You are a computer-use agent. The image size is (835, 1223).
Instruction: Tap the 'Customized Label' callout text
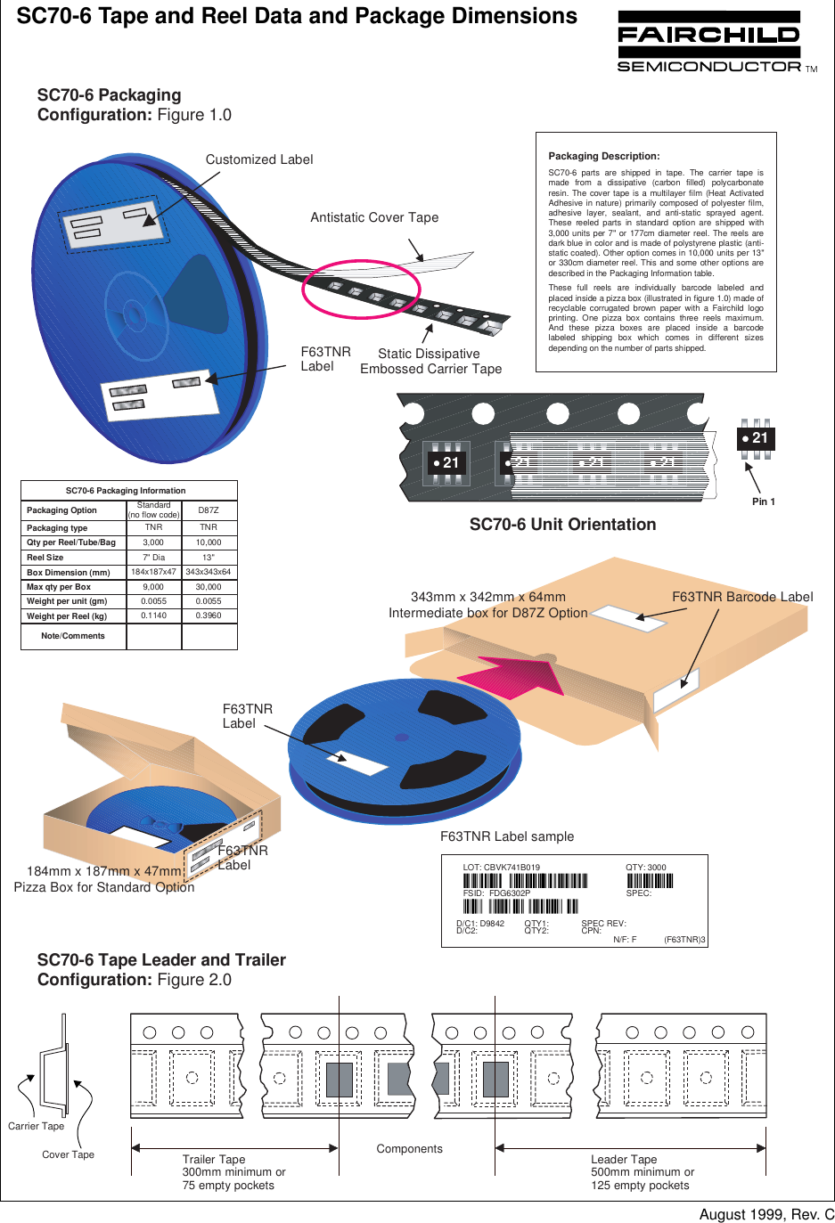[259, 159]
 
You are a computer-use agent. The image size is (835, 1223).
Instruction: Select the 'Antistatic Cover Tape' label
[374, 217]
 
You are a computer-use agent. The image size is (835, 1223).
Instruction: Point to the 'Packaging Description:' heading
[603, 156]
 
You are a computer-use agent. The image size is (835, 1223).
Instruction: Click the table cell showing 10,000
[209, 542]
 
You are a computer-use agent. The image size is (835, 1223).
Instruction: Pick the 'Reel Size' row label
[45, 558]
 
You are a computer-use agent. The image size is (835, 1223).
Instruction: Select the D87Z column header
[209, 510]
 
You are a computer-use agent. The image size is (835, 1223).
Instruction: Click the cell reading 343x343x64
[209, 572]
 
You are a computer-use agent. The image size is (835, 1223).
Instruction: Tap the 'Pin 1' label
[764, 501]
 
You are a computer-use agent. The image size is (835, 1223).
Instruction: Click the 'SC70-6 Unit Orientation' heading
[562, 525]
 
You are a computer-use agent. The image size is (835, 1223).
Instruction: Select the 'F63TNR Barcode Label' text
[742, 597]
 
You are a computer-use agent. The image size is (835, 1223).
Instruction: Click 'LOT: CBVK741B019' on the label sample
[501, 867]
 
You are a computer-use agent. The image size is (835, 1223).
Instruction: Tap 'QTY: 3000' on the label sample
[645, 867]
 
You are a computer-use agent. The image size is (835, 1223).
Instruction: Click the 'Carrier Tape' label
[36, 1126]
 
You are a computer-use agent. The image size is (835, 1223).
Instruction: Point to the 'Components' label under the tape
[409, 1149]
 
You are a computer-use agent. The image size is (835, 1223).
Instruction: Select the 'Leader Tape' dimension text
[624, 1159]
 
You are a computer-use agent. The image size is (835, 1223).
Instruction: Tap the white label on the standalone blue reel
[357, 762]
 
